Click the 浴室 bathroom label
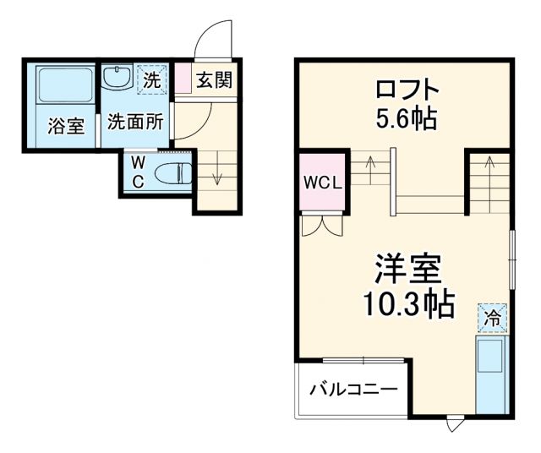[x=65, y=127]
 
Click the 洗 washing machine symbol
[x=151, y=81]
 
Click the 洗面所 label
[x=135, y=122]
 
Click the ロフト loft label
[x=407, y=88]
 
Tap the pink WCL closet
[x=320, y=182]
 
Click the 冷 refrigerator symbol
[x=492, y=318]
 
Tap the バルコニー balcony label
[x=353, y=390]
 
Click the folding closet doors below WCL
[x=321, y=226]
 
